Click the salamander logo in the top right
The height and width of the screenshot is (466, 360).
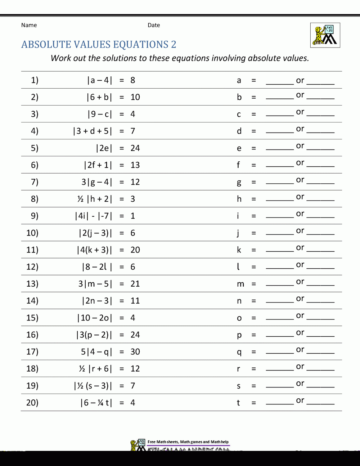pos(325,35)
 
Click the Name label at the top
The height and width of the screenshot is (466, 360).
pos(29,25)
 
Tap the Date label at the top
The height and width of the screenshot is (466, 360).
pos(154,25)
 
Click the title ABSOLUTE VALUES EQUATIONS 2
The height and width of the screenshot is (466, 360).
pos(99,44)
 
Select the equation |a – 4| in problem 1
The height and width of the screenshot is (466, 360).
pos(100,80)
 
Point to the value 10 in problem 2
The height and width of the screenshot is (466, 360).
pos(135,97)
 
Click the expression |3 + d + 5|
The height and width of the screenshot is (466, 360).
pos(93,131)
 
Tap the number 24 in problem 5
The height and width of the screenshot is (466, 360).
pos(135,148)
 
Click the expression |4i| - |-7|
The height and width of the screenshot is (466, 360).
pos(94,216)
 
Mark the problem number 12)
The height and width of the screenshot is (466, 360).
pos(32,267)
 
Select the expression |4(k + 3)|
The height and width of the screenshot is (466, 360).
pos(95,250)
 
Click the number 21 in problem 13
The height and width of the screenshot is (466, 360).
pos(135,284)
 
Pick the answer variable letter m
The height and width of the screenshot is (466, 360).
pos(240,284)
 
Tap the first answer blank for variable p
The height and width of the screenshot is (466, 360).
pos(280,336)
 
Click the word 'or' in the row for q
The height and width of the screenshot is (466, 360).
pos(300,350)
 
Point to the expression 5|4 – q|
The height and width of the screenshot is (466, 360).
pos(96,352)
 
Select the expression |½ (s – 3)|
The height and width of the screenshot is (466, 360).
pos(93,386)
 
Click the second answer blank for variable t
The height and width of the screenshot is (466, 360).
pos(321,403)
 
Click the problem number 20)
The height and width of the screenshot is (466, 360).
pos(32,403)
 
